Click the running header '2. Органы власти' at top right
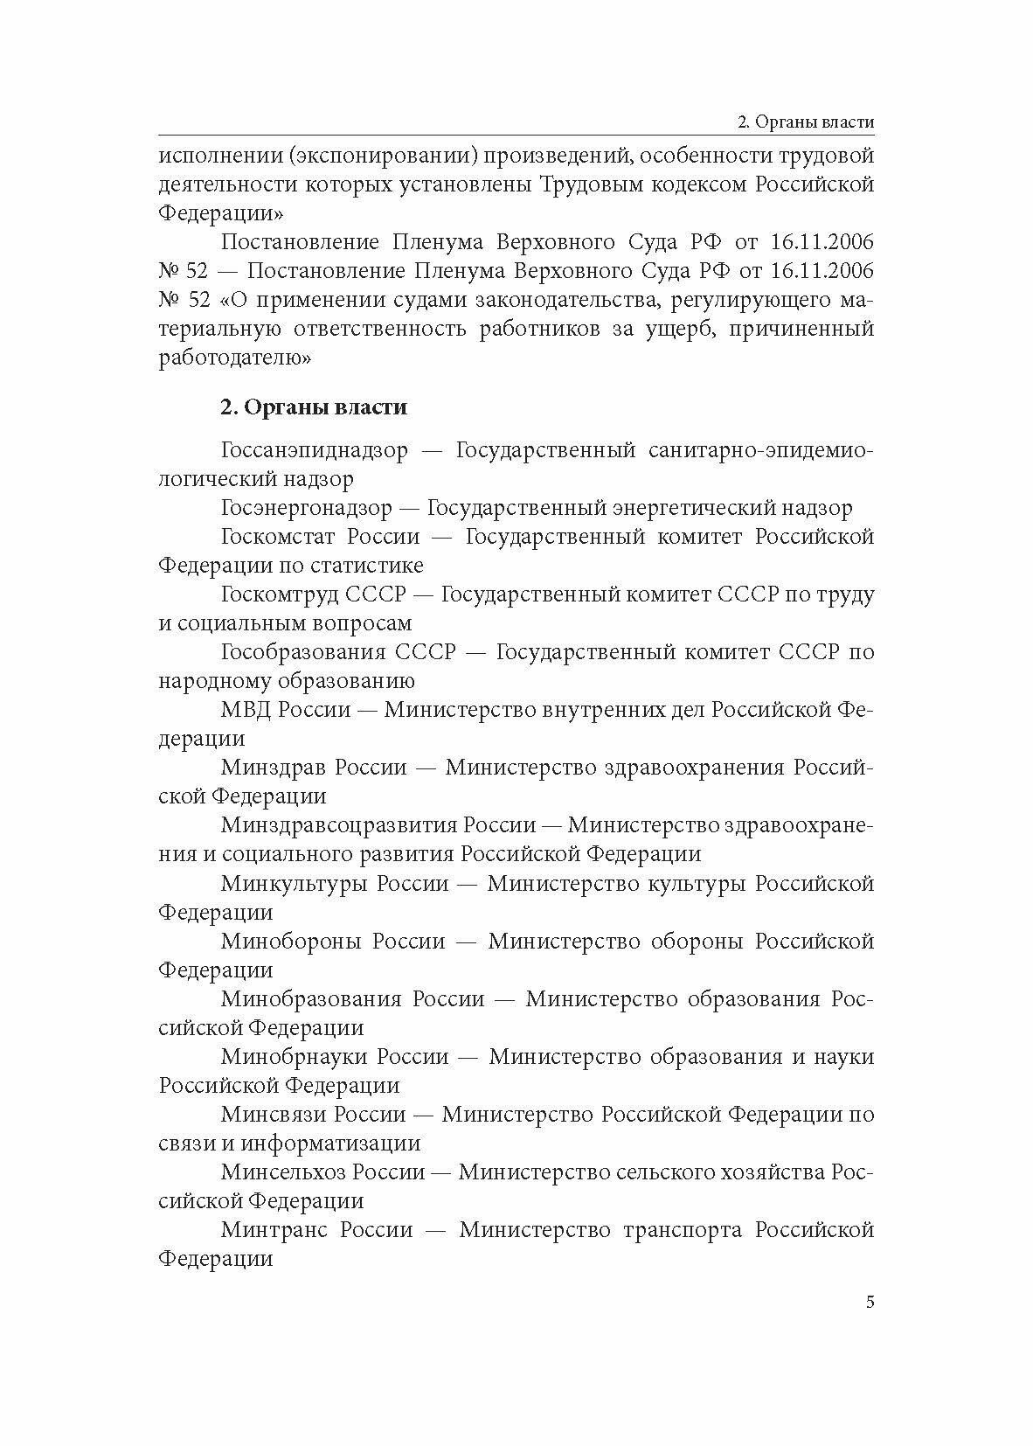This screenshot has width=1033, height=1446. coord(805,122)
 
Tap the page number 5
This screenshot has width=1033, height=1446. coord(869,1326)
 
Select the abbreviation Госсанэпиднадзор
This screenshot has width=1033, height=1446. coord(314,451)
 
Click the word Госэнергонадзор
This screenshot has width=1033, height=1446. coord(307,508)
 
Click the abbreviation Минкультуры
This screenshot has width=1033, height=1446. coord(293,883)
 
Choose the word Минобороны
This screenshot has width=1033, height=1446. coord(291,941)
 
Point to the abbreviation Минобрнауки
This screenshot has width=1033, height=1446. coord(293,1056)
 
